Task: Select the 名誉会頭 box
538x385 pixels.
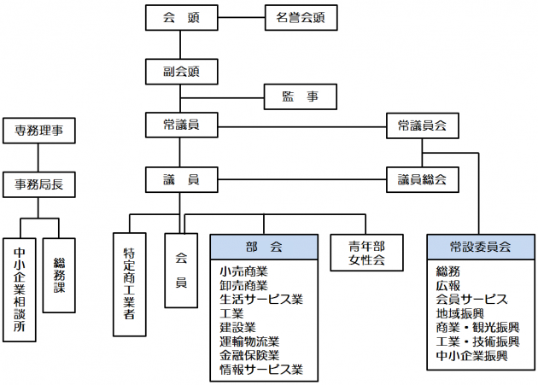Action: coord(295,17)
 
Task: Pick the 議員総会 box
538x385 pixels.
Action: coord(422,180)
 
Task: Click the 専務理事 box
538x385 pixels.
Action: coord(39,131)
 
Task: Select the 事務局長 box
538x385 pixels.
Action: coord(39,184)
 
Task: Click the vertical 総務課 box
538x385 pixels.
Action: coord(59,275)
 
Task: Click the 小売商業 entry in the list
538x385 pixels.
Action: coord(243,271)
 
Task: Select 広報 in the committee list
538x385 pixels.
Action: coord(448,285)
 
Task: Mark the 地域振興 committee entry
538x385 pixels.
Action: coord(459,313)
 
